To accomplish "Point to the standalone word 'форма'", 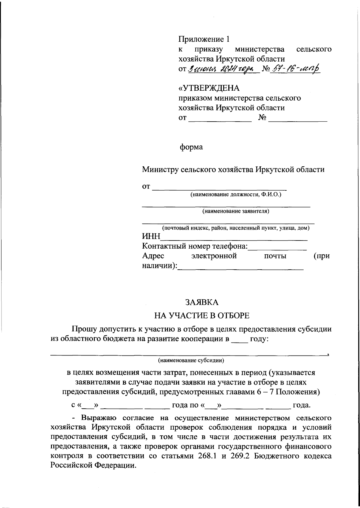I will [x=191, y=147].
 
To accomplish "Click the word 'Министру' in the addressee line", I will [x=160, y=170].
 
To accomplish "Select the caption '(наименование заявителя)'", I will [x=235, y=211].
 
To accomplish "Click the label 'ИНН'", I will [x=151, y=237].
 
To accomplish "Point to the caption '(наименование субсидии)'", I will [x=191, y=360].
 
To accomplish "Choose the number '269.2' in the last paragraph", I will [x=241, y=455].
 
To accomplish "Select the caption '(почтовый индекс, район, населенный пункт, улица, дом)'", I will [x=235, y=228].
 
